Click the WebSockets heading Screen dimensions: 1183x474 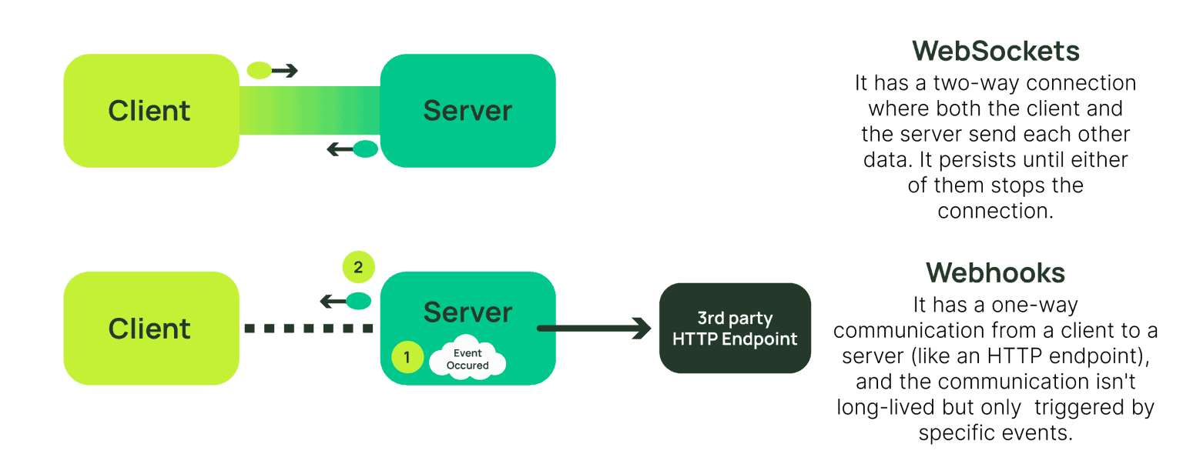996,52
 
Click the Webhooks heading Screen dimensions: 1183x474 996,273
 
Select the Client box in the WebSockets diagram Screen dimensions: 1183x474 151,111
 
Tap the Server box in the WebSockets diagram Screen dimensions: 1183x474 468,111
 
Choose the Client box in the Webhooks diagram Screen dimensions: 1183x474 151,329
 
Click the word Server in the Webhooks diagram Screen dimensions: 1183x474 468,312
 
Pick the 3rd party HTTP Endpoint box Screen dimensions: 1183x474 735,329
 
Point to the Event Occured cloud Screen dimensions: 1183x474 468,357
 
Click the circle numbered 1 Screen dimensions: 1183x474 407,357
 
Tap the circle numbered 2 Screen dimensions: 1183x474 359,267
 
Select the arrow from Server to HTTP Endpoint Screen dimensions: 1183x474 594,329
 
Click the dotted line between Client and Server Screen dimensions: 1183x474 309,329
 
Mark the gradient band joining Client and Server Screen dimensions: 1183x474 310,110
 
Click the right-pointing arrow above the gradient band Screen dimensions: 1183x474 273,70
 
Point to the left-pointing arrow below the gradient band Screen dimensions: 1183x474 352,149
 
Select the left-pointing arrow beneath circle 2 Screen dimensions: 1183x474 346,301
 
